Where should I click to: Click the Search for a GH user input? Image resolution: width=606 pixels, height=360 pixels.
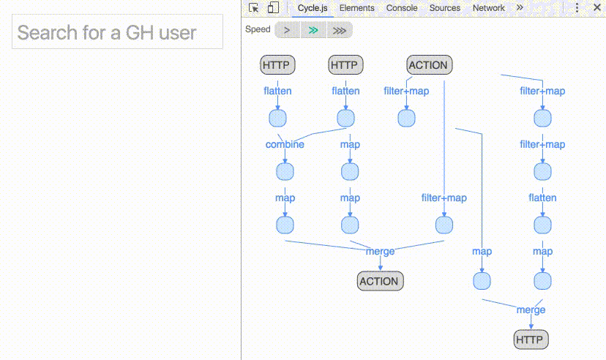click(x=117, y=32)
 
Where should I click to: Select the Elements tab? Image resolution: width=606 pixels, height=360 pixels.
click(x=356, y=8)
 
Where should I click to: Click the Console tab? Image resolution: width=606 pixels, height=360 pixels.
click(x=402, y=8)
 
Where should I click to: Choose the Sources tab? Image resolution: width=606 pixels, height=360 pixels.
click(x=445, y=8)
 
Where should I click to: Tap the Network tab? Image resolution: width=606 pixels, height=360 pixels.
click(x=488, y=8)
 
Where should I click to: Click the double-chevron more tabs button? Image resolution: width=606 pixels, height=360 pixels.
click(x=520, y=8)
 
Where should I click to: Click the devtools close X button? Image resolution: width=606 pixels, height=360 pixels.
click(x=596, y=8)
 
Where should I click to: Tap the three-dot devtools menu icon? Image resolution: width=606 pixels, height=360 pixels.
click(x=577, y=8)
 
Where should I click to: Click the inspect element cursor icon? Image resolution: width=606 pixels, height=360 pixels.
click(x=254, y=8)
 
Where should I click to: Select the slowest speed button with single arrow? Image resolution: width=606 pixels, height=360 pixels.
click(x=288, y=30)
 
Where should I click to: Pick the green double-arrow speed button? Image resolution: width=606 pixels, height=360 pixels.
click(x=313, y=30)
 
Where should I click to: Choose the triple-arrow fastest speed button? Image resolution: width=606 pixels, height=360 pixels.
click(x=339, y=30)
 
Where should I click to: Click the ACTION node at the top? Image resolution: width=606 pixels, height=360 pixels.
click(x=428, y=65)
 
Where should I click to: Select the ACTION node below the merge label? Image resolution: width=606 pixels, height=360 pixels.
click(x=379, y=281)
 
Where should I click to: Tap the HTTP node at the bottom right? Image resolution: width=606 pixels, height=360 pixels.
click(x=530, y=340)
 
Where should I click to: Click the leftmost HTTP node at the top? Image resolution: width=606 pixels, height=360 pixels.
click(x=276, y=65)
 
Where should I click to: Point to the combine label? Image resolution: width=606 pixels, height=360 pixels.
click(x=285, y=144)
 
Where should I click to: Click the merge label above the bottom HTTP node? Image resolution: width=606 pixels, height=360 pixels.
click(x=531, y=310)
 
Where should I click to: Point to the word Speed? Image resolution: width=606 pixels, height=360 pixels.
click(x=258, y=30)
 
